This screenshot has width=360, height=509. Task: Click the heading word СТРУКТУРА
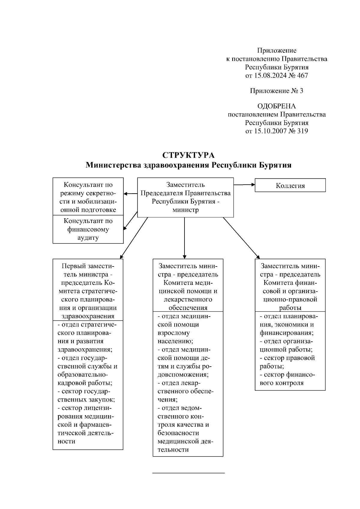coord(188,155)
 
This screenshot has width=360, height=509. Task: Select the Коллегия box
coord(290,186)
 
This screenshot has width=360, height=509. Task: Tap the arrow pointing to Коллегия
coord(244,185)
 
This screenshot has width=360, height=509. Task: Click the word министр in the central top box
coord(185,210)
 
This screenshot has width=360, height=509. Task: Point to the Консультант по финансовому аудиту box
coord(88,229)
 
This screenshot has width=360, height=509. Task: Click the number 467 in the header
coord(302,76)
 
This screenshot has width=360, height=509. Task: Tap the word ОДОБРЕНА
coord(277,106)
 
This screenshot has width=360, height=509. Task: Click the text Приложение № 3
coord(277,91)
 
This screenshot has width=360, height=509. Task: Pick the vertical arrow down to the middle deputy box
coord(184,238)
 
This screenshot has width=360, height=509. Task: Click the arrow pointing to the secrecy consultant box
coord(130,194)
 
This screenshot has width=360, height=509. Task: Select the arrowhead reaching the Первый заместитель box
coord(121,256)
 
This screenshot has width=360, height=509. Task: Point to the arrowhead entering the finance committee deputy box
coord(258,256)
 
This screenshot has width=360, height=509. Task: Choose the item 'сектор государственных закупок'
coord(86,395)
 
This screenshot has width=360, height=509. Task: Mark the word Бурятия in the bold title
coord(276,165)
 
